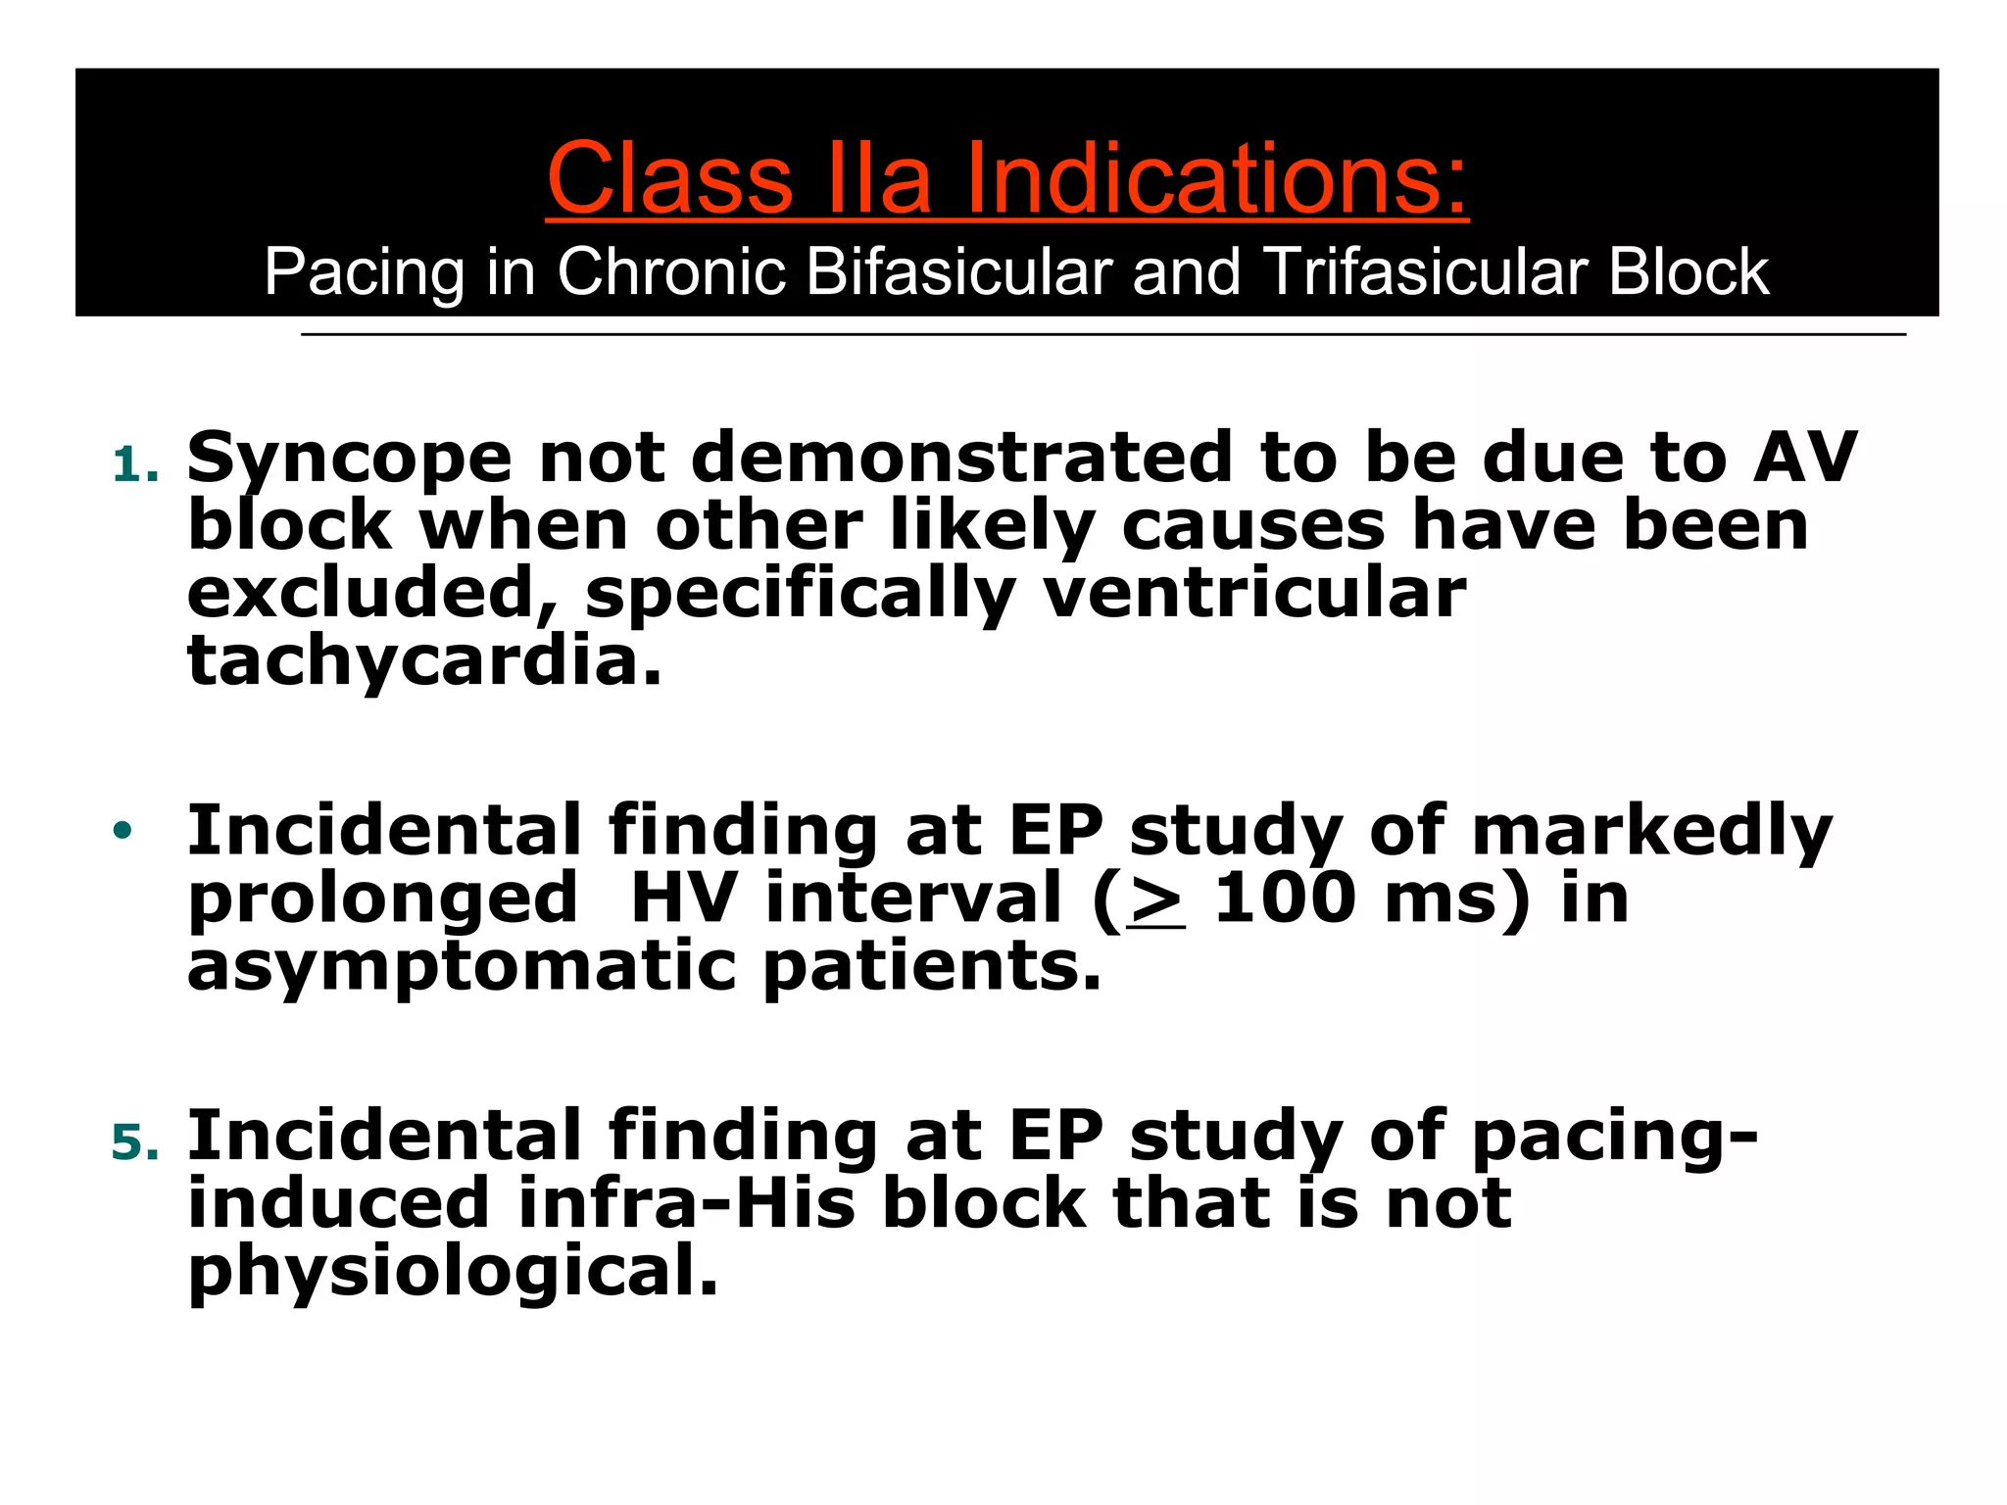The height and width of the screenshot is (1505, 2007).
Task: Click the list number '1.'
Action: pyautogui.click(x=135, y=465)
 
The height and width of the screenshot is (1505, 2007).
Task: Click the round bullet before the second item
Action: pyautogui.click(x=122, y=831)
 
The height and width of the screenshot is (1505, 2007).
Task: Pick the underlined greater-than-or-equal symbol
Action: pyautogui.click(x=1155, y=900)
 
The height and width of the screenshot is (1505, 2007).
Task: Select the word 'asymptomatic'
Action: pyautogui.click(x=461, y=966)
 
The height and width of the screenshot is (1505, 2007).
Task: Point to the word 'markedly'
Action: pyautogui.click(x=1652, y=832)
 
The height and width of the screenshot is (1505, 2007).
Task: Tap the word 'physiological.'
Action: pyautogui.click(x=453, y=1272)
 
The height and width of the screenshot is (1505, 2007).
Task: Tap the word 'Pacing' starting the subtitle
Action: pyautogui.click(x=364, y=273)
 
